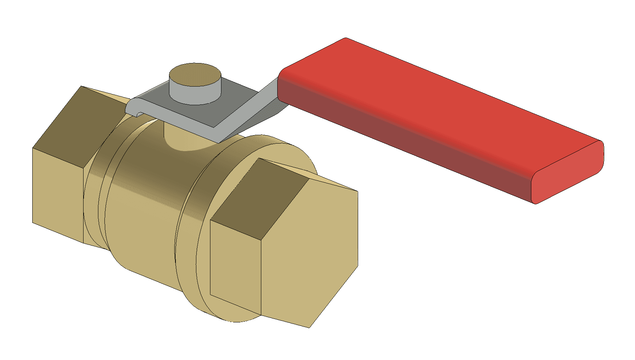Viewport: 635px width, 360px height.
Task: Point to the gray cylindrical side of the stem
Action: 194,95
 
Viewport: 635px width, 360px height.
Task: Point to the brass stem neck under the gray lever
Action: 182,139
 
